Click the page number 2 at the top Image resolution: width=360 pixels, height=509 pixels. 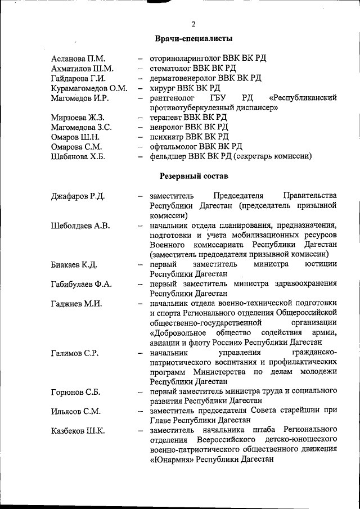coord(193,24)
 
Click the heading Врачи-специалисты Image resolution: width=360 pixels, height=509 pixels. coord(193,39)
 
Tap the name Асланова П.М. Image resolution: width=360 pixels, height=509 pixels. coord(78,58)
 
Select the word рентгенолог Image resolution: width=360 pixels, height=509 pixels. coord(170,98)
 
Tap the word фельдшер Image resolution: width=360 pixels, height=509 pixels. coord(168,156)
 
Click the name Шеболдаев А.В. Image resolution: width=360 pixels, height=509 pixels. coord(80,226)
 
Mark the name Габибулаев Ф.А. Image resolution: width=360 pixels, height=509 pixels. coord(82,284)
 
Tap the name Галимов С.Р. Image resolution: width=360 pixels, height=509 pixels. coord(75,353)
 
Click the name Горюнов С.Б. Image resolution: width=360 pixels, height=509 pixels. coord(75,391)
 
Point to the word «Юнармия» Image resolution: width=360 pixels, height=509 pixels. coord(174,459)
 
